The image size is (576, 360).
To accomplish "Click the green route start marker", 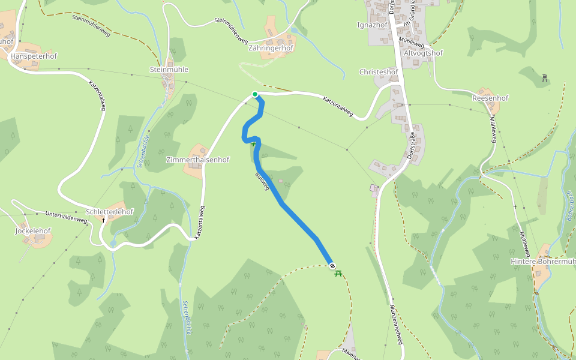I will tap(255, 94).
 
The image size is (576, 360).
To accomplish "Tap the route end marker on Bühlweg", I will tap(332, 266).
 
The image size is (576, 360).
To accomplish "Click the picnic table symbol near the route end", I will tap(338, 274).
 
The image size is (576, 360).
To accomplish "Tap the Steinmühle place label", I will tap(169, 70).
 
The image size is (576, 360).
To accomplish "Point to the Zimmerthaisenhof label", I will tap(198, 160).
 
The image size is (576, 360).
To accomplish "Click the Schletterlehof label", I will tap(110, 212).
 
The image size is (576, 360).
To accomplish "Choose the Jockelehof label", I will tap(33, 230).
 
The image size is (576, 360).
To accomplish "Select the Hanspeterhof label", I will tap(34, 56).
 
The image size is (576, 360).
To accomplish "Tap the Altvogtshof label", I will tap(424, 53).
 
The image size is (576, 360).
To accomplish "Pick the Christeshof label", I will tap(378, 72).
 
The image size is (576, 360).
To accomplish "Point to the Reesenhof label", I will tap(490, 98).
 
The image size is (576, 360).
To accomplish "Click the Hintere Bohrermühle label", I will tap(543, 262).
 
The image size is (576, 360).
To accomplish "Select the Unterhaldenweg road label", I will tap(67, 217).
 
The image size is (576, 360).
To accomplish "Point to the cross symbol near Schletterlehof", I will tap(103, 220).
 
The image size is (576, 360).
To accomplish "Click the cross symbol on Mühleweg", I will tap(515, 206).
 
